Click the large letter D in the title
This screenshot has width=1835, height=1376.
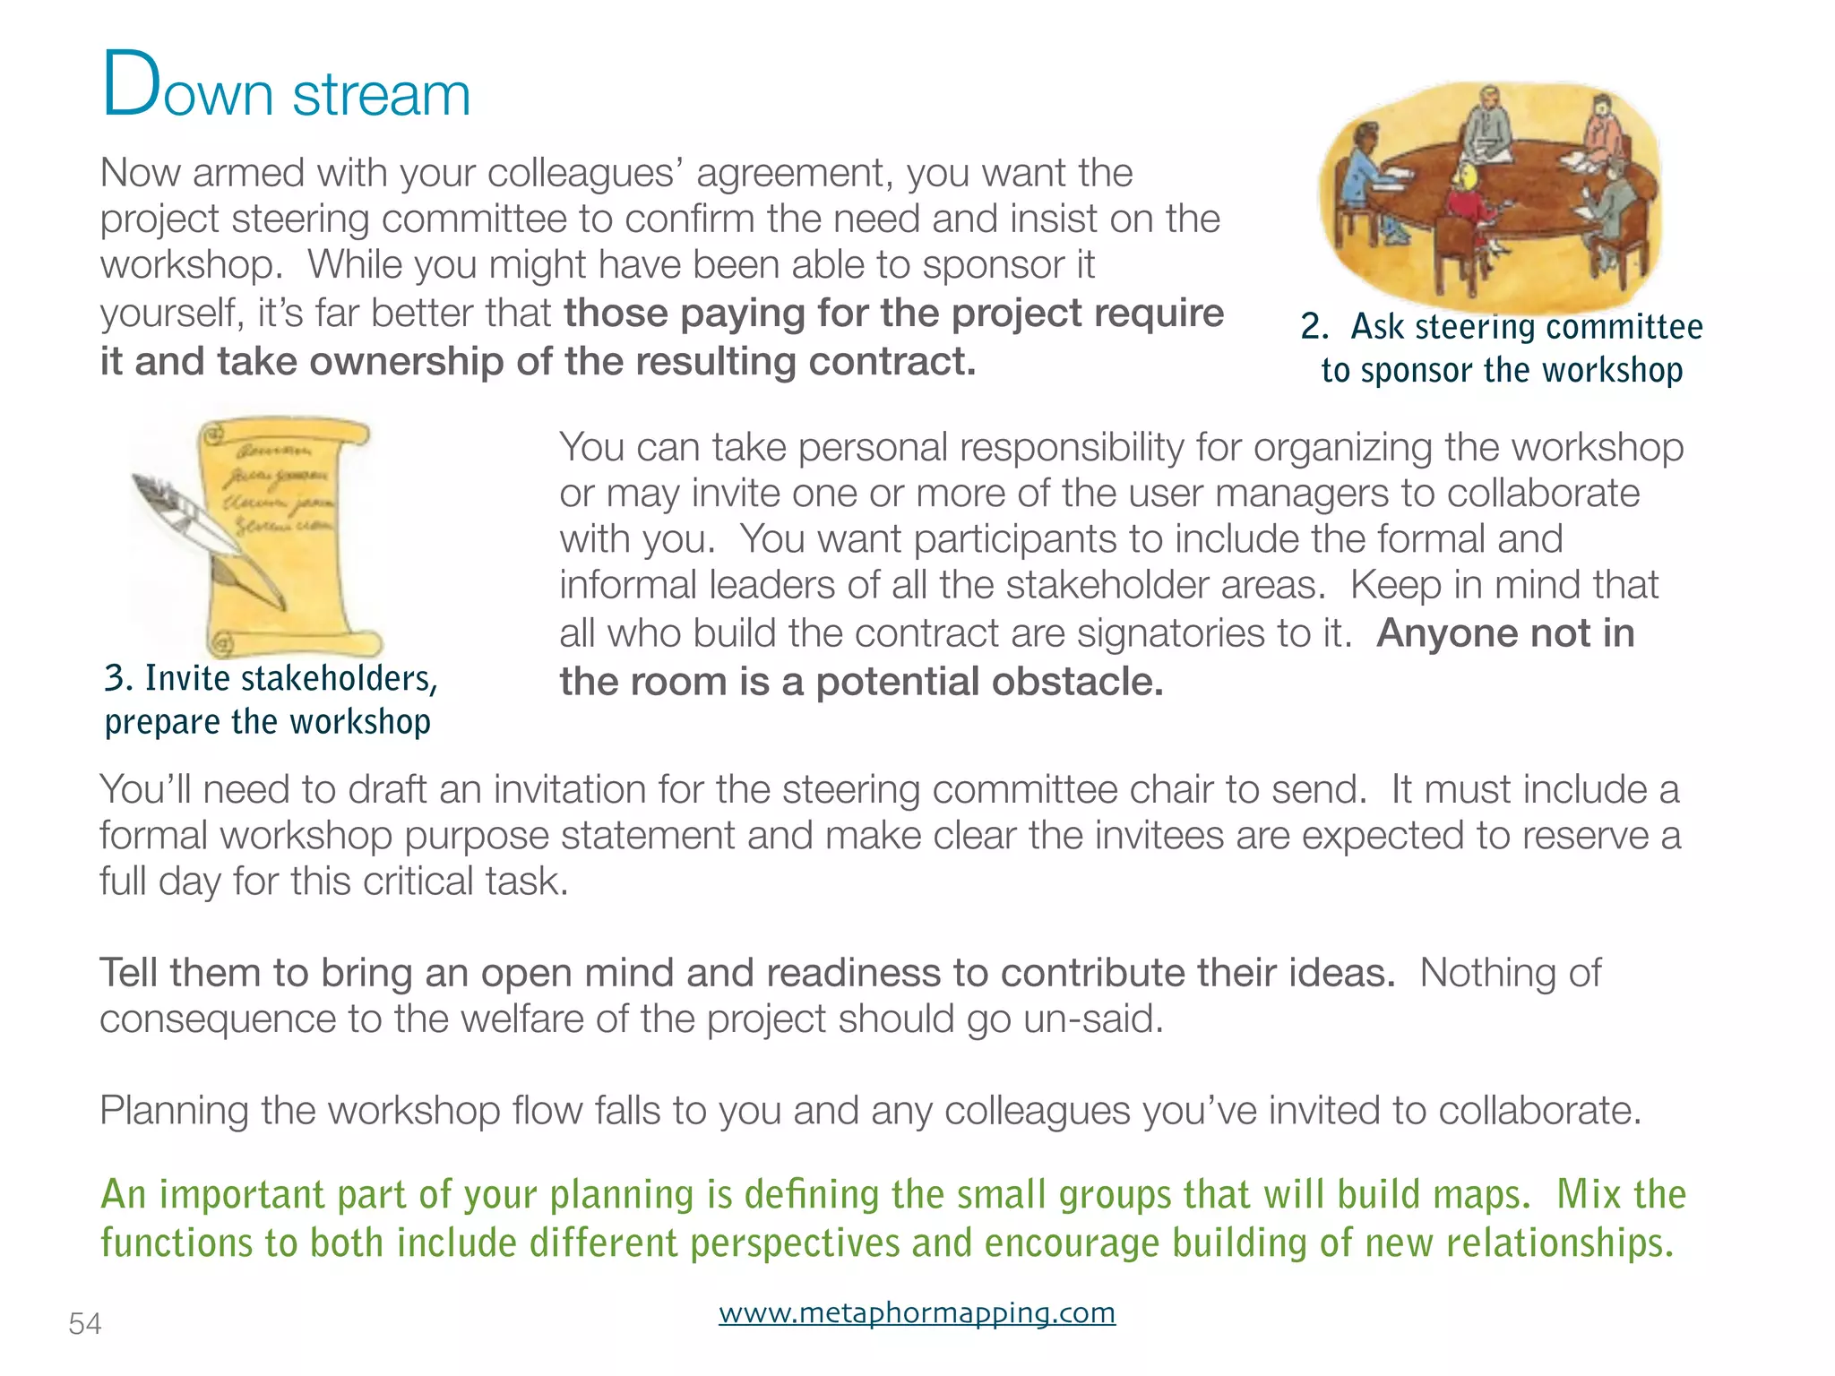[x=131, y=85]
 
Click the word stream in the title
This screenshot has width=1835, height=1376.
[x=382, y=94]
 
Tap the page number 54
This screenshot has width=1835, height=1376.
[x=85, y=1324]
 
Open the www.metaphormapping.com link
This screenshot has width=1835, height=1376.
[x=917, y=1313]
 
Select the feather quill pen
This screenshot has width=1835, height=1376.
[x=206, y=537]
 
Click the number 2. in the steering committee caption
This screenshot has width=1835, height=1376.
[x=1314, y=327]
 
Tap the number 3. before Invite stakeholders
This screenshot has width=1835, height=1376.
[x=118, y=678]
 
